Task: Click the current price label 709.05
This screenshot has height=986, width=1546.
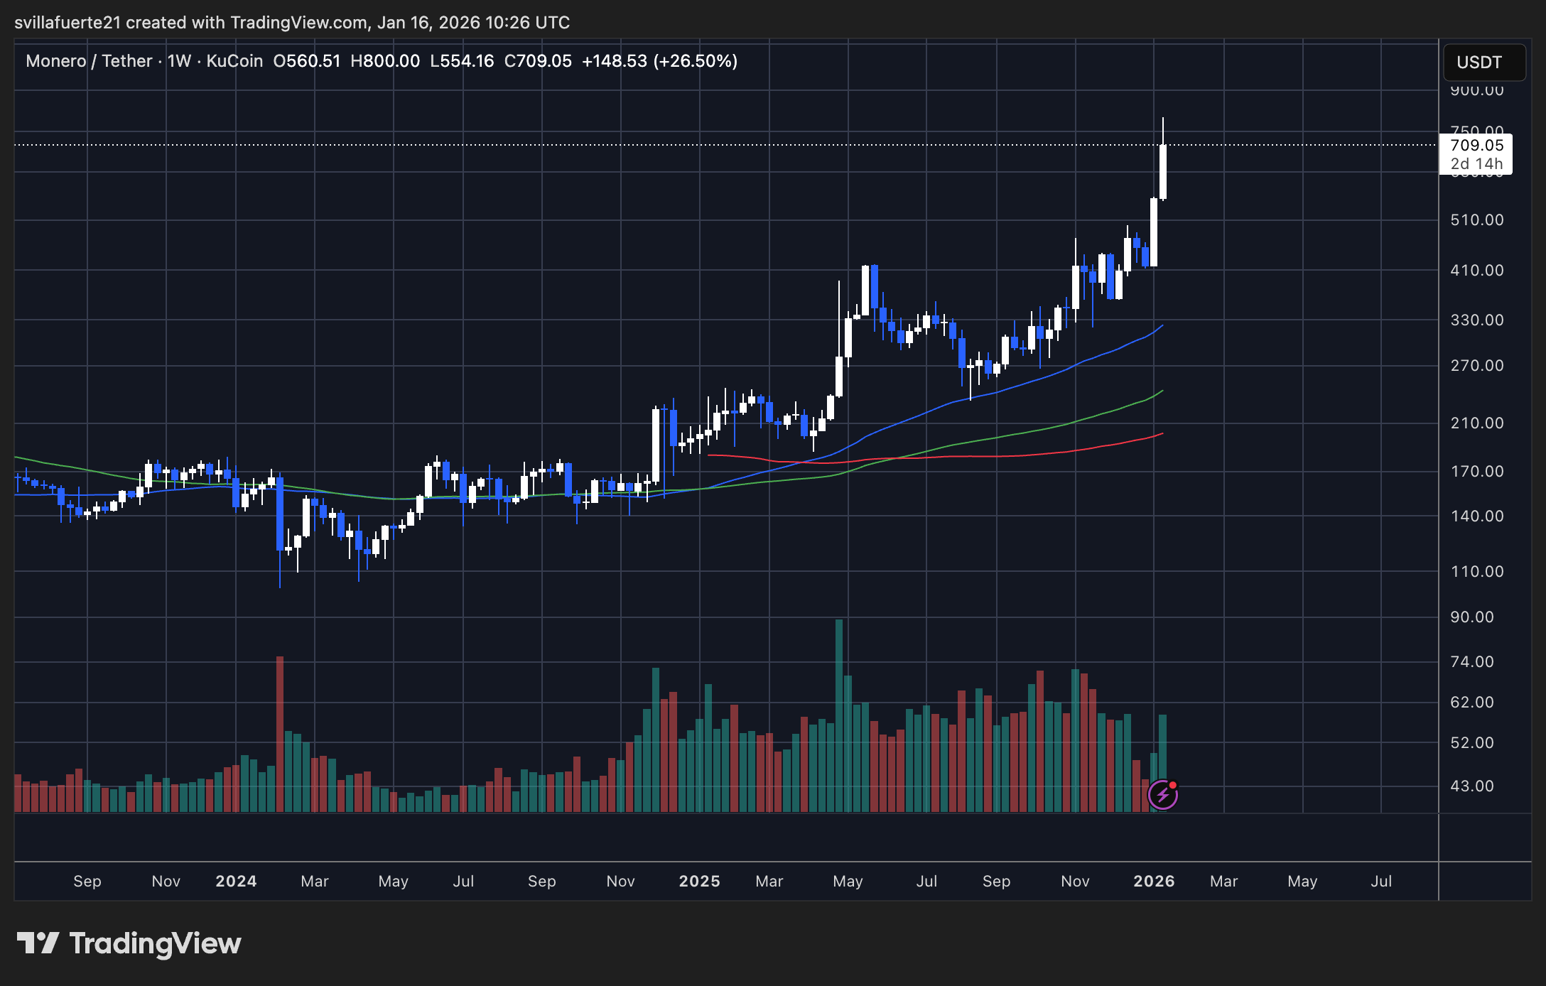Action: (1476, 145)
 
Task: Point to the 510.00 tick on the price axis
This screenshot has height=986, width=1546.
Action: (1476, 220)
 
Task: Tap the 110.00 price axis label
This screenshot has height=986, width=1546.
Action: (1476, 572)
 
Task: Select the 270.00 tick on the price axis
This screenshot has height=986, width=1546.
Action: (1476, 366)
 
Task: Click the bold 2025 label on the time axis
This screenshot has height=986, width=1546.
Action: (699, 882)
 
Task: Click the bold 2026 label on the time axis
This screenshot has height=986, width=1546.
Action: (1154, 882)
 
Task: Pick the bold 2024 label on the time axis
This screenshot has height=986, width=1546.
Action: (236, 882)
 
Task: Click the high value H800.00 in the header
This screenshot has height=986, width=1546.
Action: (385, 61)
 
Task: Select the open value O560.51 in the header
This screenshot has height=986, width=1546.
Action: (307, 61)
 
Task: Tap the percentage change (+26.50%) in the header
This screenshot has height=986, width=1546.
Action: (695, 61)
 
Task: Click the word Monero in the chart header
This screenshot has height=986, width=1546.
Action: (55, 61)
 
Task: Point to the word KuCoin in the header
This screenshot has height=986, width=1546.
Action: (234, 61)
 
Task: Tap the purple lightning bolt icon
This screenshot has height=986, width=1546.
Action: (1163, 795)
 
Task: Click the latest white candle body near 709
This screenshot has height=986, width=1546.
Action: (1163, 172)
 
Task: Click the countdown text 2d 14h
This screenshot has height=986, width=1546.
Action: (1476, 164)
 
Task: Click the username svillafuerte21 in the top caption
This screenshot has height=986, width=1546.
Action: (67, 23)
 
